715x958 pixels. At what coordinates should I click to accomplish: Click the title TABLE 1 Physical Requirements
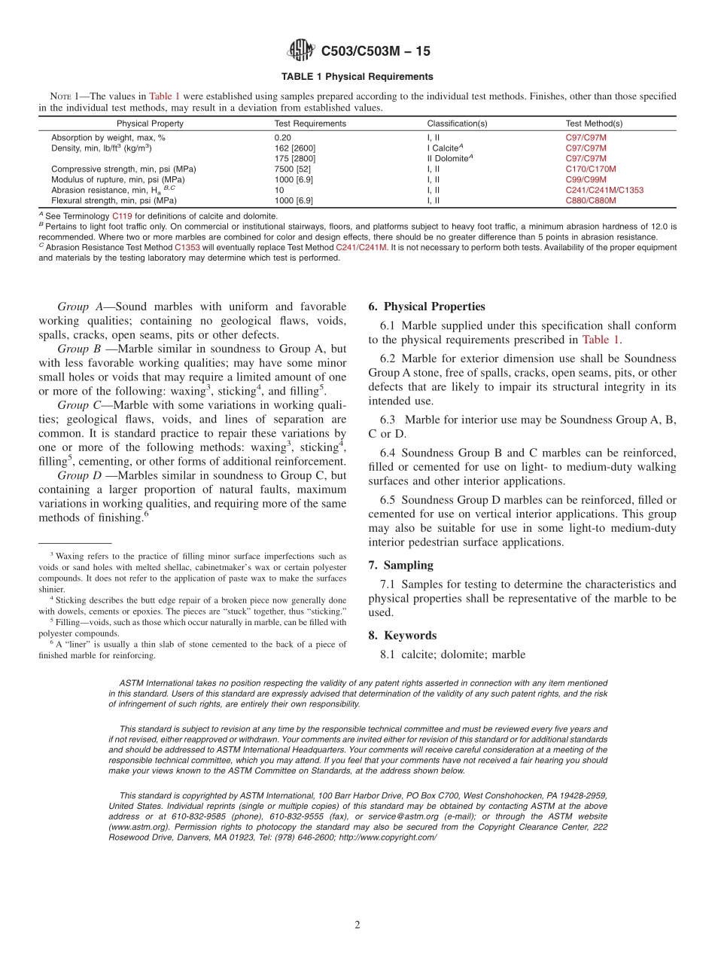click(x=357, y=77)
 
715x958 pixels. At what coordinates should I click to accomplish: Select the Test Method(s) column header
click(x=594, y=124)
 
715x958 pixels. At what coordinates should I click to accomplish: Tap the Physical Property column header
click(x=150, y=124)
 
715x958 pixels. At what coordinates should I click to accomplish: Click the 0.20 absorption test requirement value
click(x=283, y=138)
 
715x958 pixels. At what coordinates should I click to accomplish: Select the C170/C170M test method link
click(x=590, y=169)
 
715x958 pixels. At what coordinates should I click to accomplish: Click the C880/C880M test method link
click(x=590, y=201)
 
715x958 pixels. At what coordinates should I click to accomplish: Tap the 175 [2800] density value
click(x=295, y=159)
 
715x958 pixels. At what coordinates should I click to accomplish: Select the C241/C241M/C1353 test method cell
click(x=604, y=191)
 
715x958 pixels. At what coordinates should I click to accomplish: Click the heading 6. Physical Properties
click(x=427, y=307)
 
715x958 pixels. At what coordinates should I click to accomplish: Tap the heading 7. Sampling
click(x=400, y=565)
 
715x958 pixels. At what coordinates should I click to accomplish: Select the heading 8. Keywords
click(x=402, y=636)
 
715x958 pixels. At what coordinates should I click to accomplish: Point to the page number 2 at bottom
click(x=357, y=925)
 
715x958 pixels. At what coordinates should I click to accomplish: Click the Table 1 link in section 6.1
click(x=601, y=340)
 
